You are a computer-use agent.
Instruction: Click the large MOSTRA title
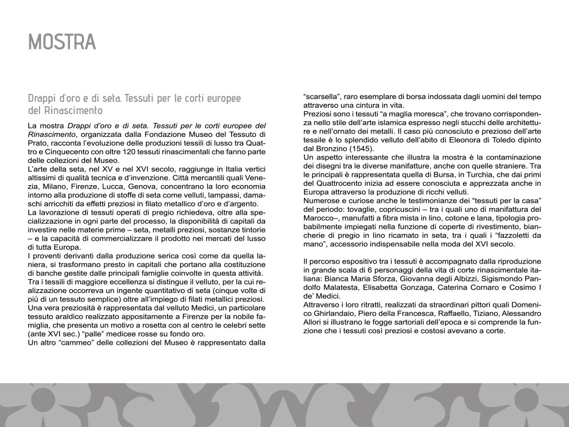[62, 42]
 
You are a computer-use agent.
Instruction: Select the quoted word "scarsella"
[322, 96]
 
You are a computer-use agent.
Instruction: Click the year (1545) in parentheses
[362, 149]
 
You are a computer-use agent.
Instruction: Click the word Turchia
[469, 175]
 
